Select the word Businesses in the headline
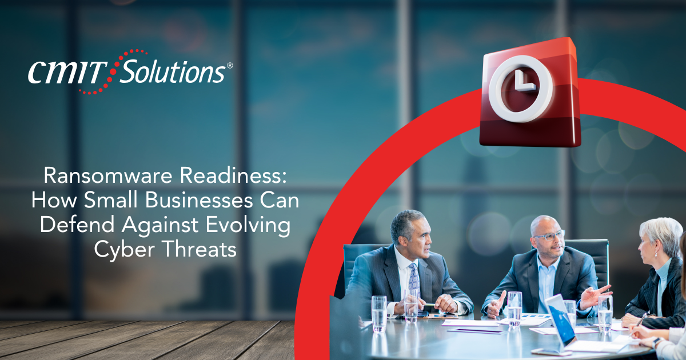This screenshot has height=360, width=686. (199, 200)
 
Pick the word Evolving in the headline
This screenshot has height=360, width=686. (248, 225)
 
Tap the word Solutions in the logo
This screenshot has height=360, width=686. (173, 71)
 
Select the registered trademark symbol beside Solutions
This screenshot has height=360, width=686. (229, 65)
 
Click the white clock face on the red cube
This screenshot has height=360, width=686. (521, 88)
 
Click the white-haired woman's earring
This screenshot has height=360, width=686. (656, 254)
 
